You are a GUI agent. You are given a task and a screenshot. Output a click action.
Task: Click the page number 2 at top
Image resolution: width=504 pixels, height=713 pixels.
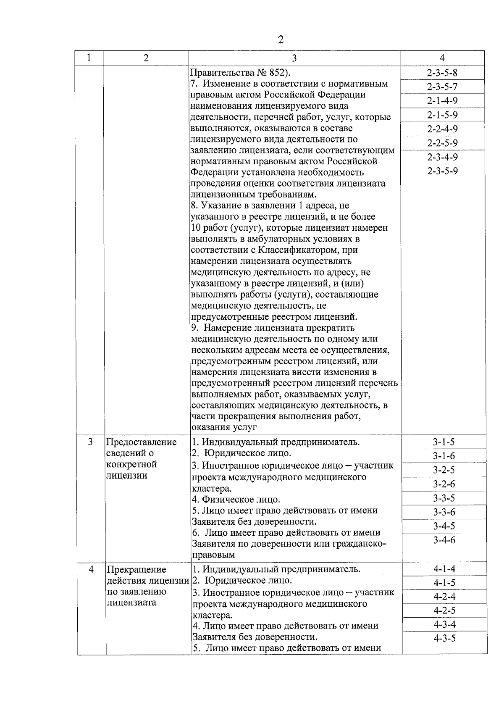click(x=281, y=39)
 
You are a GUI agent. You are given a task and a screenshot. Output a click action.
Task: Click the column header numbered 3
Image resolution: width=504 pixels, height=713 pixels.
click(x=294, y=58)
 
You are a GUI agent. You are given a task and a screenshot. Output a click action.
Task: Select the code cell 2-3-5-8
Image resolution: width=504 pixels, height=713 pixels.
click(x=442, y=73)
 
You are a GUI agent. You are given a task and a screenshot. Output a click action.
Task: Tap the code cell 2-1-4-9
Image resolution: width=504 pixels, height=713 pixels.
click(x=442, y=101)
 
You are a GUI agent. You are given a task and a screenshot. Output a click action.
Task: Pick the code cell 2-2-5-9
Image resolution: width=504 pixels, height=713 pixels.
click(x=442, y=143)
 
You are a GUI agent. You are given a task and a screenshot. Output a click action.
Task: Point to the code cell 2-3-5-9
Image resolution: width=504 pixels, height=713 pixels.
click(x=442, y=171)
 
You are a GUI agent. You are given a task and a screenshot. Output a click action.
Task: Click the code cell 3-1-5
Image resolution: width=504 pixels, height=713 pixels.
click(x=444, y=442)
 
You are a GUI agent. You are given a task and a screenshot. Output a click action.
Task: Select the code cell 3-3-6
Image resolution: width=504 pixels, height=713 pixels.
click(x=444, y=512)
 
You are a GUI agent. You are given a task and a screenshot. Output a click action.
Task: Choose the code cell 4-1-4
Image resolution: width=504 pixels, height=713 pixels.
click(x=444, y=569)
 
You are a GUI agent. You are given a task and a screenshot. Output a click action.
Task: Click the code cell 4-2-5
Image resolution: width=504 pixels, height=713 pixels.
click(x=444, y=610)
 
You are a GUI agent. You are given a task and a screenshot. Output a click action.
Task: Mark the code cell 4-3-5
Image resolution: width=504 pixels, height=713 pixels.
click(x=444, y=639)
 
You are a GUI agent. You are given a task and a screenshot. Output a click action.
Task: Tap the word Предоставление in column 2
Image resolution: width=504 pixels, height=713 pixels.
click(x=141, y=442)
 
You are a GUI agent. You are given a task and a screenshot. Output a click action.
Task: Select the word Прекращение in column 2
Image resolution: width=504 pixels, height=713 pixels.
click(x=136, y=570)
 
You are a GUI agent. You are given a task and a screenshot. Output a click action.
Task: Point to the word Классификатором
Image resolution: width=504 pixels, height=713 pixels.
click(x=294, y=250)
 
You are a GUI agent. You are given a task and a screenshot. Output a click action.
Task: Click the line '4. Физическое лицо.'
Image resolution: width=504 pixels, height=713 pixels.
click(x=236, y=500)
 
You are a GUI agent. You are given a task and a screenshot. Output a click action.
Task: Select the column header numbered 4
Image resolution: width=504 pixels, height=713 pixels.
click(x=442, y=58)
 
